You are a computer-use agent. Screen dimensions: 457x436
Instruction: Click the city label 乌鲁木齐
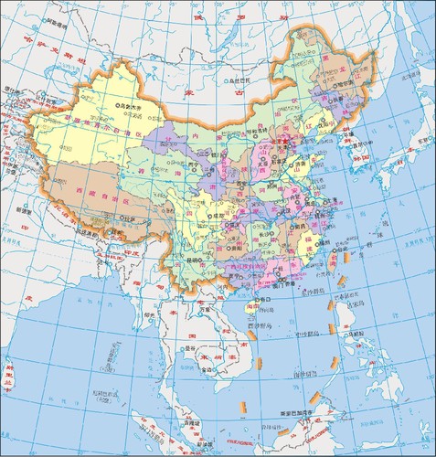(132, 107)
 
